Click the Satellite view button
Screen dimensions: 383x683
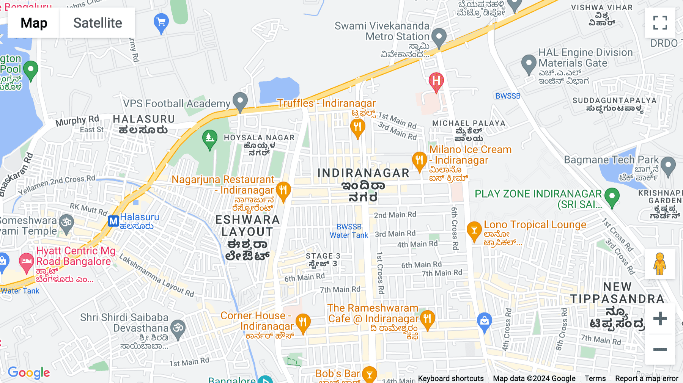98,23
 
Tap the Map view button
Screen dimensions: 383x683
34,23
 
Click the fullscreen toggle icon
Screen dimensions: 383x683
660,23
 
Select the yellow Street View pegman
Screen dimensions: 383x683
660,264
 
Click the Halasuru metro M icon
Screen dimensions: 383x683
113,221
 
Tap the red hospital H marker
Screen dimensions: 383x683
436,81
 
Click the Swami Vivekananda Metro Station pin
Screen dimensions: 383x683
439,38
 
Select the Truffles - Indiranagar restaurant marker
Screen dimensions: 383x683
357,127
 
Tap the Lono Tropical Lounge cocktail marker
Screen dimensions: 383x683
474,231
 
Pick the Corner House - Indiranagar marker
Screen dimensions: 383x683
303,323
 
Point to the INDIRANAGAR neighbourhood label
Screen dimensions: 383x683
363,173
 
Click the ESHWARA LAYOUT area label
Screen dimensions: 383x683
247,226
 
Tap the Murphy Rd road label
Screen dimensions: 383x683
77,121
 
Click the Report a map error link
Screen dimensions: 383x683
647,378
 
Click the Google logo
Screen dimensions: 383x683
29,373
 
